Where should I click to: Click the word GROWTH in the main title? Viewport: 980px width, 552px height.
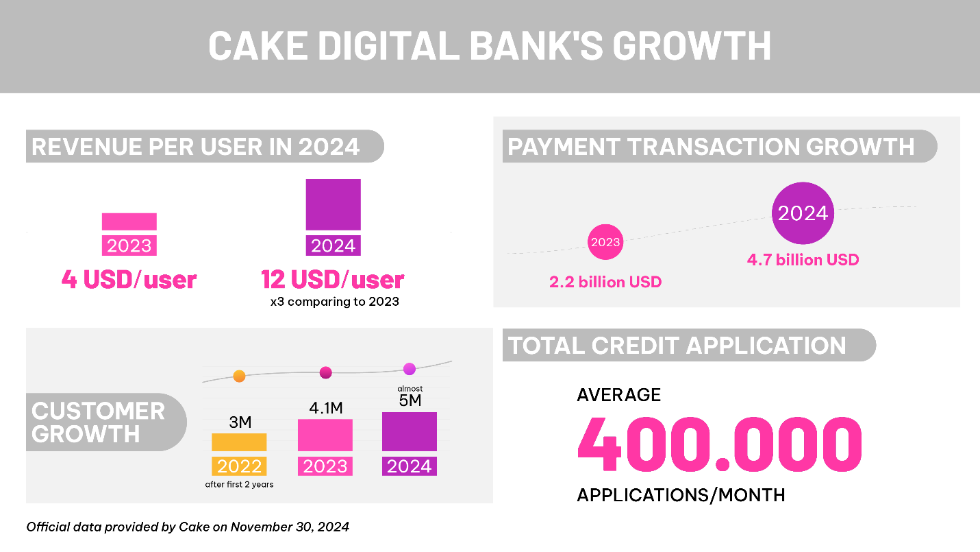(692, 45)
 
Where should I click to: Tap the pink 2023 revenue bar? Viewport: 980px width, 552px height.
(129, 221)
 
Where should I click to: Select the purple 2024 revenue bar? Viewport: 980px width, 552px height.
(334, 204)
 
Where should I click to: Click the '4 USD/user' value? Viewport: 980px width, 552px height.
(129, 280)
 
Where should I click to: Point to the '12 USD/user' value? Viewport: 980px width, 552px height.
(333, 280)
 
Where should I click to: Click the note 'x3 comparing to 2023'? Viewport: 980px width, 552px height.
(335, 302)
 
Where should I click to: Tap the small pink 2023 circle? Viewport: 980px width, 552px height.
(605, 242)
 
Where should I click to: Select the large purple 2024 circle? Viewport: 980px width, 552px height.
(803, 213)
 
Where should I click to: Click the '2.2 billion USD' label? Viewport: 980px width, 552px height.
(605, 282)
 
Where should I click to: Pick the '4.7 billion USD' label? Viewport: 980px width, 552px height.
(803, 260)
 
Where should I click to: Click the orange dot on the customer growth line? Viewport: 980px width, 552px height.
(239, 376)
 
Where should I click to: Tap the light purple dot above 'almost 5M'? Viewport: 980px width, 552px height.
(410, 369)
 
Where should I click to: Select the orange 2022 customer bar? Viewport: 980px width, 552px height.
(239, 442)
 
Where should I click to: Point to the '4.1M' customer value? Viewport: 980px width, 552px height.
(326, 408)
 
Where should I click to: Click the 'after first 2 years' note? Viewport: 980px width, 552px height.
(239, 485)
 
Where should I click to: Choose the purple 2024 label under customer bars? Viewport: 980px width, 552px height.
(410, 466)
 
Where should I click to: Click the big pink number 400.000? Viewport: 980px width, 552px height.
(720, 444)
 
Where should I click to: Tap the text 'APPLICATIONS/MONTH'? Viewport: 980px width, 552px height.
(681, 495)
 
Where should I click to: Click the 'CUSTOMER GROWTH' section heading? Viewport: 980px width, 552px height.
(98, 422)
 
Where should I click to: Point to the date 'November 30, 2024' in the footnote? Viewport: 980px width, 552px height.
(290, 527)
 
